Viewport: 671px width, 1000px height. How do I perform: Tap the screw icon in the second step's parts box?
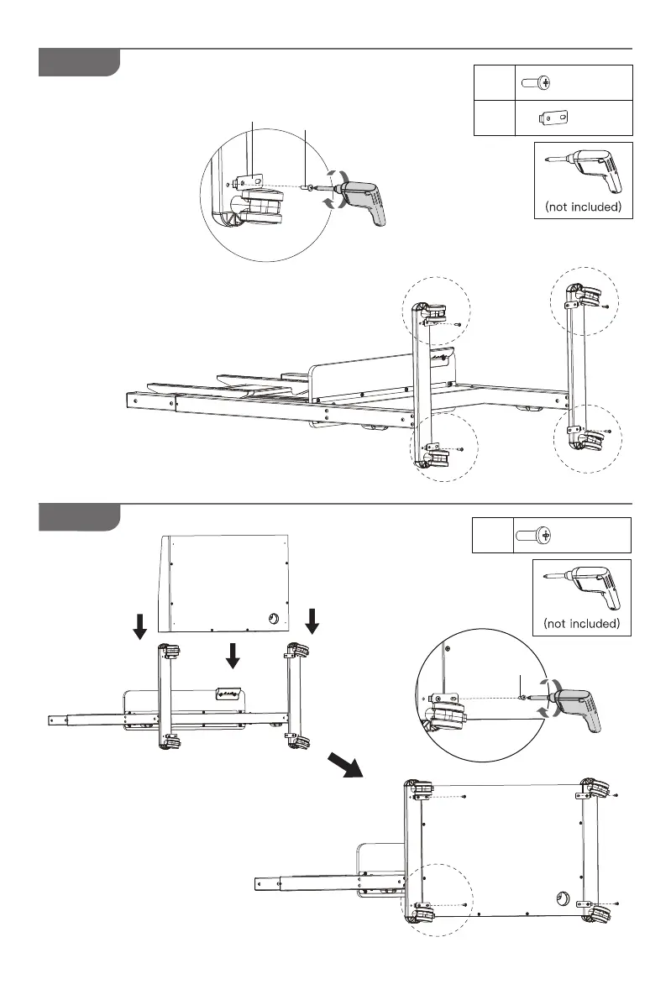(x=532, y=535)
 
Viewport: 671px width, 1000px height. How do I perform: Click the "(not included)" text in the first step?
(x=583, y=206)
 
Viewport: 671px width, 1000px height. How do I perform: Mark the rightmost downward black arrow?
(x=312, y=621)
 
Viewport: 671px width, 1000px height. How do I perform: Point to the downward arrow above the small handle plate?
(x=233, y=657)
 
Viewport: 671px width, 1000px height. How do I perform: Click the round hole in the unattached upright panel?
(x=274, y=620)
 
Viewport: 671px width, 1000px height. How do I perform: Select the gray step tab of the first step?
(x=79, y=63)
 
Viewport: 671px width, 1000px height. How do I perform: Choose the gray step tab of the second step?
(x=79, y=517)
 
